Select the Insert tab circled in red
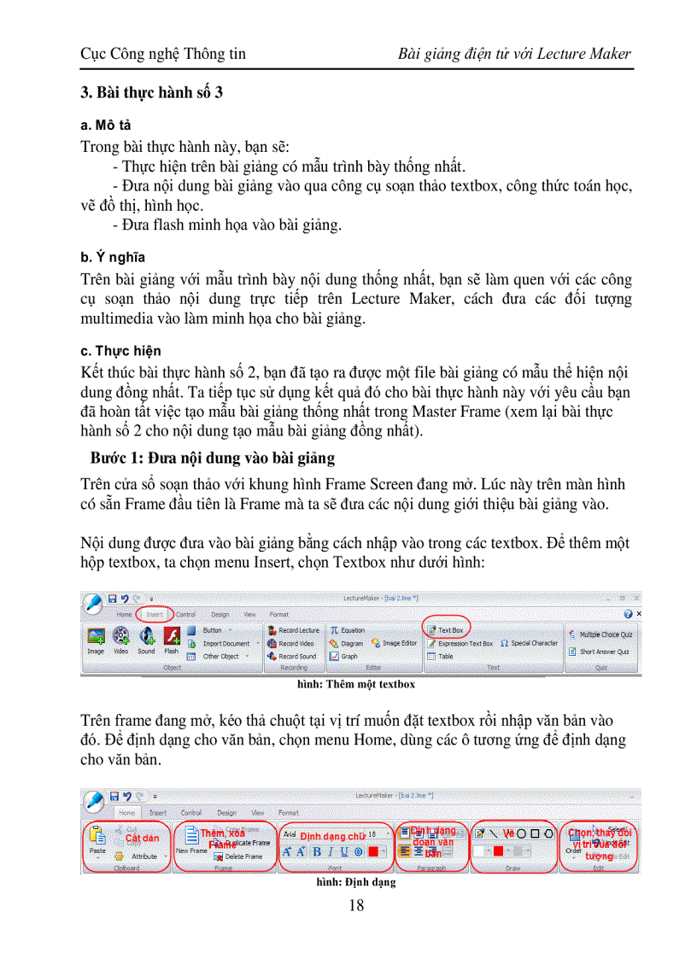(155, 614)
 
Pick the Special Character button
(530, 643)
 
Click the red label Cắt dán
(142, 839)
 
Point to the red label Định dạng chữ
(332, 837)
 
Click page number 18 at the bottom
(357, 905)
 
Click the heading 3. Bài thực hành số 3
(152, 92)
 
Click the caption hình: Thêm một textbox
(356, 684)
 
